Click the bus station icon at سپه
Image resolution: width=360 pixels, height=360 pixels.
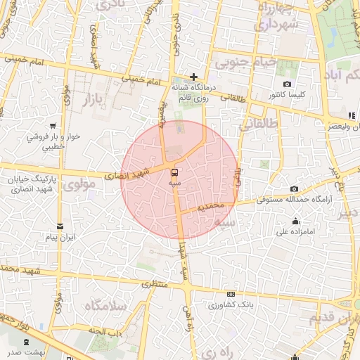tap(174, 172)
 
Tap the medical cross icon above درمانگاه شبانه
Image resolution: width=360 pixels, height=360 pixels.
tap(194, 77)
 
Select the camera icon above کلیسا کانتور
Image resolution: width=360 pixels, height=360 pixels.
tap(288, 84)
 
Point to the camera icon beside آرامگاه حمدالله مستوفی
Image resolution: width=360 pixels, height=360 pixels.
tap(294, 189)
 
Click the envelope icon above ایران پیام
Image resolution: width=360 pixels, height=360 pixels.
tap(60, 227)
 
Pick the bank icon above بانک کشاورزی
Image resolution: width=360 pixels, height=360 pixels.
tap(231, 295)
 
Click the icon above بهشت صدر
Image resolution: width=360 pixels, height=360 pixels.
tap(27, 341)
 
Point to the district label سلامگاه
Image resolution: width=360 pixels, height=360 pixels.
tap(105, 306)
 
